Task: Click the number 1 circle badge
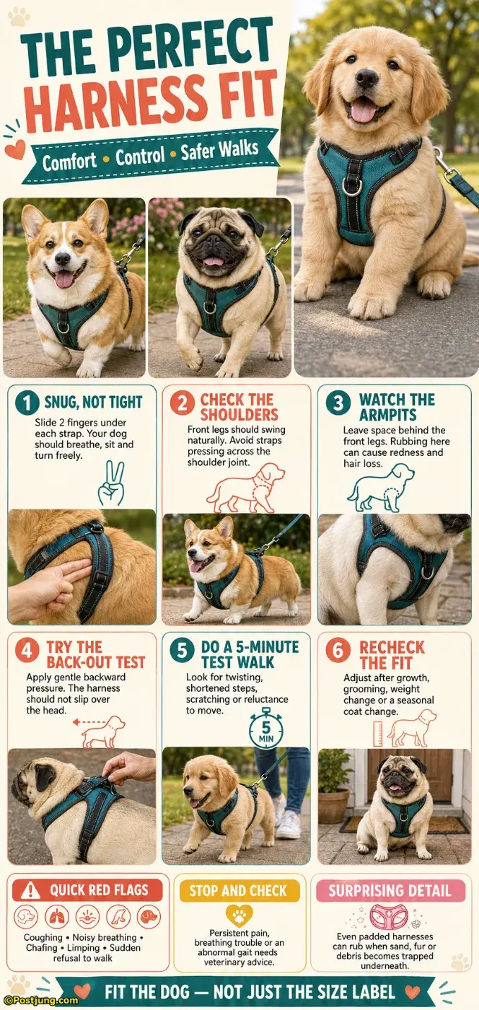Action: tap(27, 403)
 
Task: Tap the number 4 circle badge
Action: tap(27, 651)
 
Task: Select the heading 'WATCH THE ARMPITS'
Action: tap(397, 407)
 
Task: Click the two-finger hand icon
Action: tap(111, 483)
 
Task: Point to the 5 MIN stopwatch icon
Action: tap(266, 729)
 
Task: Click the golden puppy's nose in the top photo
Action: tap(366, 79)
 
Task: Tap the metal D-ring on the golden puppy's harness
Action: tap(351, 186)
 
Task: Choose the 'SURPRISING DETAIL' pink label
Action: tap(390, 890)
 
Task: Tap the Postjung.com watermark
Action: tap(39, 1001)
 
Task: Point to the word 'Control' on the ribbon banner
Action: tap(140, 157)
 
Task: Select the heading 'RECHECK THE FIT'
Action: tap(392, 655)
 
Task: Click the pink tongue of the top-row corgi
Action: tap(64, 280)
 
